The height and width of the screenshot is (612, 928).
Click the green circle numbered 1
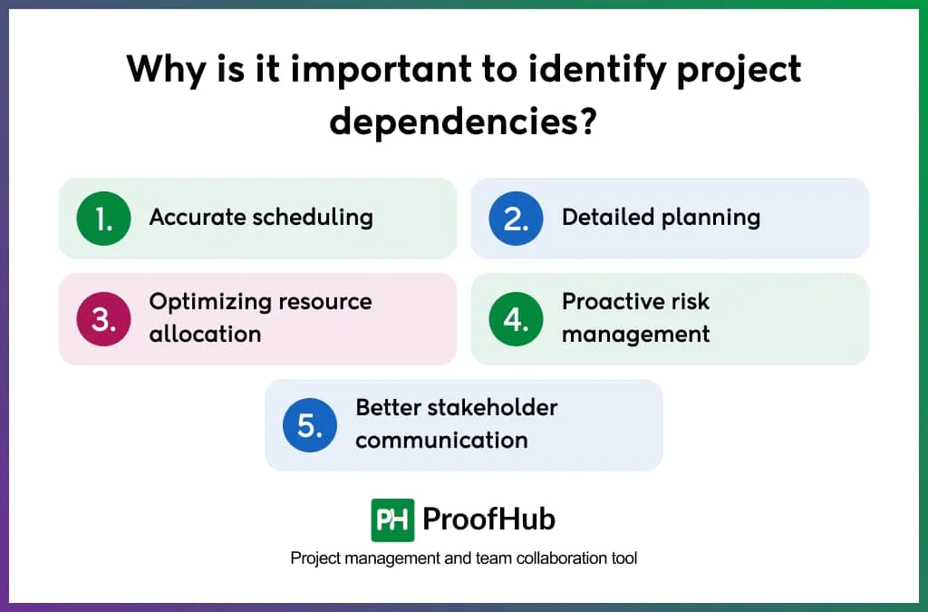pyautogui.click(x=103, y=219)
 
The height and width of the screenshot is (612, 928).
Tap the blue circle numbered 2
pyautogui.click(x=516, y=219)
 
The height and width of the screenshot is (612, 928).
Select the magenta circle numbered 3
pyautogui.click(x=103, y=319)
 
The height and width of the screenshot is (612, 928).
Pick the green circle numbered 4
pyautogui.click(x=516, y=319)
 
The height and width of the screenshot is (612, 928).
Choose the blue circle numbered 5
pyautogui.click(x=310, y=424)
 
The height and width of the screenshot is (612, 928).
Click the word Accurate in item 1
pyautogui.click(x=197, y=218)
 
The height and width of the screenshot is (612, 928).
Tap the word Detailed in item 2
pyautogui.click(x=604, y=218)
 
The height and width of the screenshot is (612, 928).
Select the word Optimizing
pyautogui.click(x=208, y=301)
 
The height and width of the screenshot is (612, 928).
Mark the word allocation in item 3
pyautogui.click(x=205, y=334)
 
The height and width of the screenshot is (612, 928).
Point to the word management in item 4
pyautogui.click(x=635, y=335)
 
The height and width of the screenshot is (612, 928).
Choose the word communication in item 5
pyautogui.click(x=441, y=441)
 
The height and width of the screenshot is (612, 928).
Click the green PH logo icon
pyautogui.click(x=392, y=520)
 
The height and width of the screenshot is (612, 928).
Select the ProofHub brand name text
pyautogui.click(x=488, y=520)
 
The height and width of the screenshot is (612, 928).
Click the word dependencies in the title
pyautogui.click(x=450, y=121)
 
